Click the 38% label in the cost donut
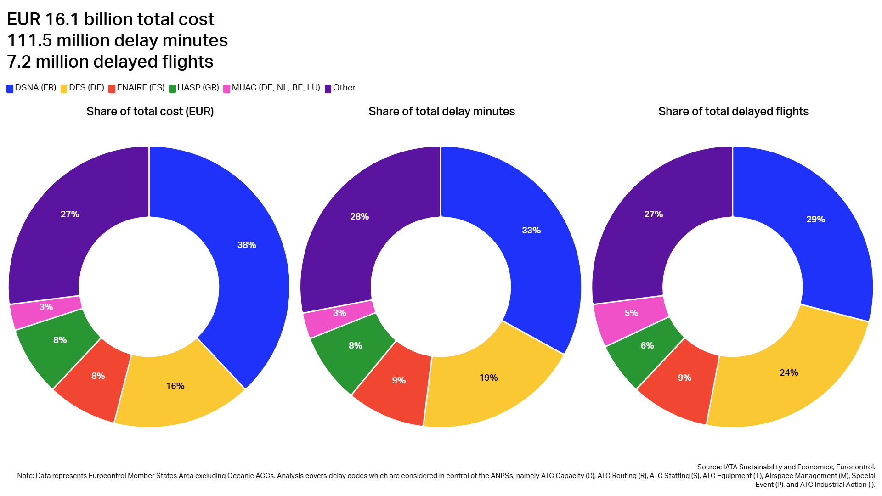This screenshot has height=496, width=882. click(x=247, y=245)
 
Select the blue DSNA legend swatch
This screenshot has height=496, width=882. click(x=10, y=89)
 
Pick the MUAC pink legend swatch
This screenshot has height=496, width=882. click(x=226, y=89)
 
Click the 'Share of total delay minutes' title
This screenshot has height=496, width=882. click(x=441, y=112)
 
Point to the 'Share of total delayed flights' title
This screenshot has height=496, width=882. click(x=733, y=112)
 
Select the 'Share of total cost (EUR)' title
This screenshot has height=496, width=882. click(x=150, y=112)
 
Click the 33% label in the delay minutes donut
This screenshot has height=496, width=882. click(x=531, y=231)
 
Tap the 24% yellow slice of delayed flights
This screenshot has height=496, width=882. click(x=789, y=373)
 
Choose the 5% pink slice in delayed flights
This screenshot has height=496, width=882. click(x=631, y=313)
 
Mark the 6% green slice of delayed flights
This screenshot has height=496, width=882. click(x=647, y=346)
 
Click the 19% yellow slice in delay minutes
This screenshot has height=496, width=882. click(x=488, y=378)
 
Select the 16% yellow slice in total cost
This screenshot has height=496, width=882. click(x=175, y=386)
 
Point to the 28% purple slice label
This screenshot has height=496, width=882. click(x=359, y=217)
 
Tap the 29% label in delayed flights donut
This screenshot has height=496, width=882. click(x=815, y=220)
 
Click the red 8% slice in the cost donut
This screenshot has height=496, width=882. click(x=98, y=376)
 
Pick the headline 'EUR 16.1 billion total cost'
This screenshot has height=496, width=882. click(x=110, y=19)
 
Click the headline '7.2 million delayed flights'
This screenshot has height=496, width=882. click(x=110, y=62)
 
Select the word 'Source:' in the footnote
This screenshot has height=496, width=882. click(x=709, y=467)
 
